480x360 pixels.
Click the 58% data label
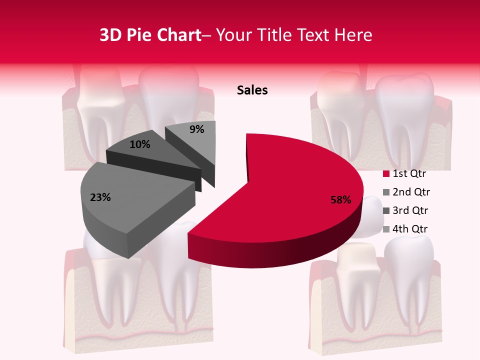click(x=340, y=200)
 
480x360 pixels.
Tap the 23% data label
click(x=100, y=197)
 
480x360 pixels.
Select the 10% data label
click(x=140, y=144)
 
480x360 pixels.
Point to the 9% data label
click(x=197, y=129)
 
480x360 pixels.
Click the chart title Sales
click(x=252, y=90)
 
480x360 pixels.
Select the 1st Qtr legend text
click(x=409, y=174)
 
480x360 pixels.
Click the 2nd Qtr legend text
click(x=411, y=192)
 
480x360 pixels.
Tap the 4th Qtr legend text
click(x=410, y=229)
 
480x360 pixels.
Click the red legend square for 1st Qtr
click(x=386, y=174)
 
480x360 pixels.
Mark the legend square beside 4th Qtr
click(x=386, y=229)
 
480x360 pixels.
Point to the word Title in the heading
click(x=275, y=35)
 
